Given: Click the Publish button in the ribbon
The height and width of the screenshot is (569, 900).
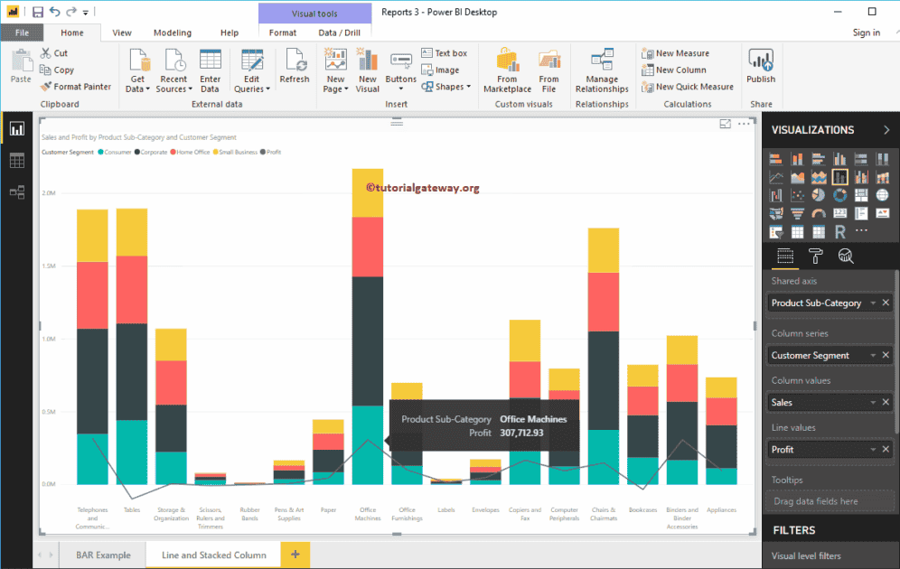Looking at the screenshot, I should tap(761, 68).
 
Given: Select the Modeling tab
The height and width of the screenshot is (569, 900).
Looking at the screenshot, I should tap(172, 33).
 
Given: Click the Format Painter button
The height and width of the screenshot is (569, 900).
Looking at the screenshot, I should tap(76, 87).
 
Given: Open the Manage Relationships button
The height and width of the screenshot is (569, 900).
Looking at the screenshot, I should tap(602, 71).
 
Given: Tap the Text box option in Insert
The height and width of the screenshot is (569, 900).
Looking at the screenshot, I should tap(445, 53).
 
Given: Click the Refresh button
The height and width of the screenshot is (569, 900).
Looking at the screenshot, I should tap(295, 68).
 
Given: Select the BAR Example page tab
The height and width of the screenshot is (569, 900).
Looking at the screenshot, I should tap(97, 555).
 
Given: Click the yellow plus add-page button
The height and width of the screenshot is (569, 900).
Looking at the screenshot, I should tap(295, 554).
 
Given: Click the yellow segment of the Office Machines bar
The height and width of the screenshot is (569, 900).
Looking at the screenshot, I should tap(368, 192).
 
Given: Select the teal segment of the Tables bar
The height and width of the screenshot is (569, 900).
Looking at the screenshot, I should tap(132, 452).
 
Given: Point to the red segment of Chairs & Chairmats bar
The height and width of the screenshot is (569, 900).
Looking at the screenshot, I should tap(603, 302).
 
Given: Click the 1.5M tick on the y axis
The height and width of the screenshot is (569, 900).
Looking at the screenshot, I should tap(50, 266).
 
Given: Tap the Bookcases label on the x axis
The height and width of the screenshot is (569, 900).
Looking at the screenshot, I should tap(642, 509).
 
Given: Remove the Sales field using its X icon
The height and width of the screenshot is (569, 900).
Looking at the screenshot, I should tap(886, 403).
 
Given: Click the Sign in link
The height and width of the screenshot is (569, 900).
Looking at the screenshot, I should tap(866, 33).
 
